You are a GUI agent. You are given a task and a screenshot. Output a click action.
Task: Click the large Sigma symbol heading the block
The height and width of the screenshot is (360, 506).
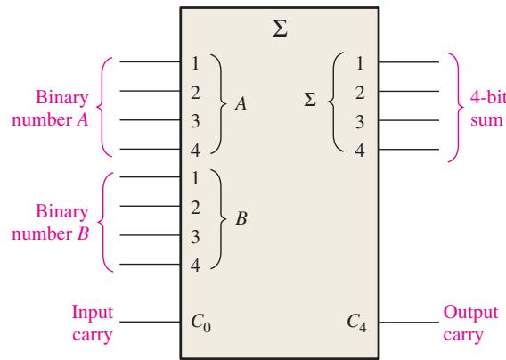click(280, 29)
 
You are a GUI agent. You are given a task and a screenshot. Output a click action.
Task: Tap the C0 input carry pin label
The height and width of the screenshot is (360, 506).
click(201, 323)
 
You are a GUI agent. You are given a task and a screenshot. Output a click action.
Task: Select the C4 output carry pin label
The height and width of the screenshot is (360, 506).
click(357, 323)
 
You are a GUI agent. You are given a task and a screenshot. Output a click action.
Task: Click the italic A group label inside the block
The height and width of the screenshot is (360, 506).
click(241, 103)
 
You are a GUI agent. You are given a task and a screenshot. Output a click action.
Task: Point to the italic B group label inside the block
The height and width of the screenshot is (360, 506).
click(241, 218)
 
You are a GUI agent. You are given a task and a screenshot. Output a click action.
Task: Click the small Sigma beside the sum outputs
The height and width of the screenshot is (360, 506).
click(310, 100)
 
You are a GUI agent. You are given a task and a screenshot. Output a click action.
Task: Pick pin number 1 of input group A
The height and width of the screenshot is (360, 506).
click(195, 63)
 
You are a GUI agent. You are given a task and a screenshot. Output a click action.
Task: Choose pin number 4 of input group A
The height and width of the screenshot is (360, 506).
click(195, 151)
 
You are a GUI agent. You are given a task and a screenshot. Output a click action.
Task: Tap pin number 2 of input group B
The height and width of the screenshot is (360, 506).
click(195, 208)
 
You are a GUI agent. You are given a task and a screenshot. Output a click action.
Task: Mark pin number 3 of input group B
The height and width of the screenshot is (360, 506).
click(195, 237)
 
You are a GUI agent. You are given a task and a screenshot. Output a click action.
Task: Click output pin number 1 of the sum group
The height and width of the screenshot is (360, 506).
click(360, 63)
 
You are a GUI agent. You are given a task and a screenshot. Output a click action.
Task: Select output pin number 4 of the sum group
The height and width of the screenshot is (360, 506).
click(360, 151)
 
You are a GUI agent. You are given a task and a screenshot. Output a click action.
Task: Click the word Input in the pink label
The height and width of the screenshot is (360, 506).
click(93, 313)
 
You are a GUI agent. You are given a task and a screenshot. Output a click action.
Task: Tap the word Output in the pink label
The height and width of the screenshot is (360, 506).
click(470, 313)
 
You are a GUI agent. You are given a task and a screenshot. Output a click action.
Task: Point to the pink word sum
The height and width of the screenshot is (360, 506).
click(486, 120)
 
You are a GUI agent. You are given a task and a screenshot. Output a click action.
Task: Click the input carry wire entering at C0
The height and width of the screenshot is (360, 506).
click(150, 322)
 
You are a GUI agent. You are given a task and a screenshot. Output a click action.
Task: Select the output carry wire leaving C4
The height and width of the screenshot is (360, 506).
click(409, 323)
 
